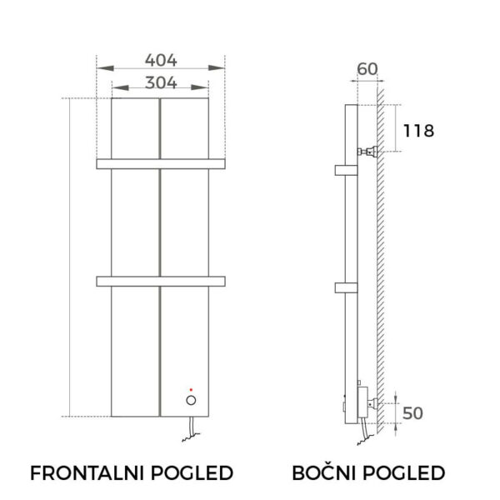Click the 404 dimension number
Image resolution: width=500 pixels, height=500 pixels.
[x=161, y=60]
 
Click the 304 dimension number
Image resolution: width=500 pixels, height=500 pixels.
[x=161, y=82]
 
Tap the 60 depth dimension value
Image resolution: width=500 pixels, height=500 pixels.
[x=367, y=69]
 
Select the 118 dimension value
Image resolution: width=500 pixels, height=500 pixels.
[x=418, y=131]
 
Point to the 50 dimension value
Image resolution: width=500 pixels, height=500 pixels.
[x=412, y=413]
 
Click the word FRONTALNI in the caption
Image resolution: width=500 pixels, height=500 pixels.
[x=87, y=472]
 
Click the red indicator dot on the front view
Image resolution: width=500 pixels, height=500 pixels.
[x=191, y=390]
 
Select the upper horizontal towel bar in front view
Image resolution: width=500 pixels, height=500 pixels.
[x=161, y=164]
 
